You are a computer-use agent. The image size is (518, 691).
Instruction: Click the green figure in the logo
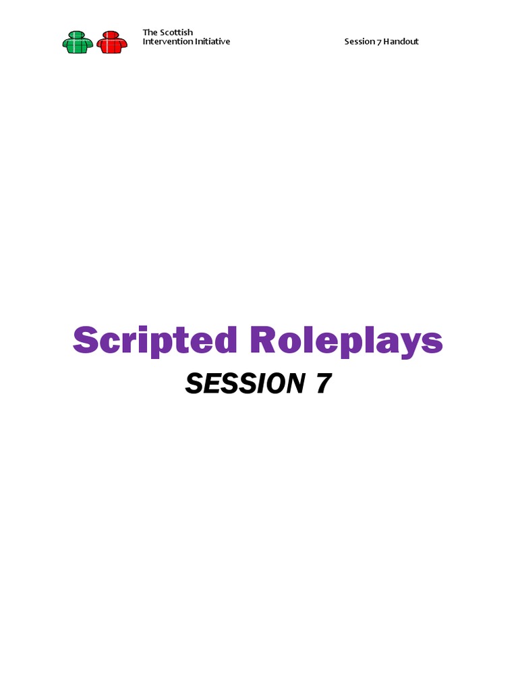[x=78, y=43]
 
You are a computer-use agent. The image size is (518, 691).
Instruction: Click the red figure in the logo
[x=112, y=43]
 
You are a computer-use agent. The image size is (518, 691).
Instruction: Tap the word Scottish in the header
[x=176, y=32]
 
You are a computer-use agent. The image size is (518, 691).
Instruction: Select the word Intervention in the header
[x=166, y=41]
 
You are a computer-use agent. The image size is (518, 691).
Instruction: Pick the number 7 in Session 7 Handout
[x=378, y=41]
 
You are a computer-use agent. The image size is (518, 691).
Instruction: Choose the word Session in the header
[x=359, y=41]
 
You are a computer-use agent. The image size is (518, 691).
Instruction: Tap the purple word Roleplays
[x=346, y=341]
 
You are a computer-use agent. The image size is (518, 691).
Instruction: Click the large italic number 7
[x=322, y=384]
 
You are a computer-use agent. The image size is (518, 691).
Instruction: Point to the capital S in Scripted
[x=86, y=340]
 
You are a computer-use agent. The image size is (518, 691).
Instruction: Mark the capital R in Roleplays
[x=264, y=340]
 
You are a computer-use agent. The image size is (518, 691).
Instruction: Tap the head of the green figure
[x=78, y=34]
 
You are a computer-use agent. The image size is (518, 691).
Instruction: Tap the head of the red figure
[x=112, y=34]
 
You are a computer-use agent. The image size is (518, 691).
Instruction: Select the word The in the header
[x=150, y=32]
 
